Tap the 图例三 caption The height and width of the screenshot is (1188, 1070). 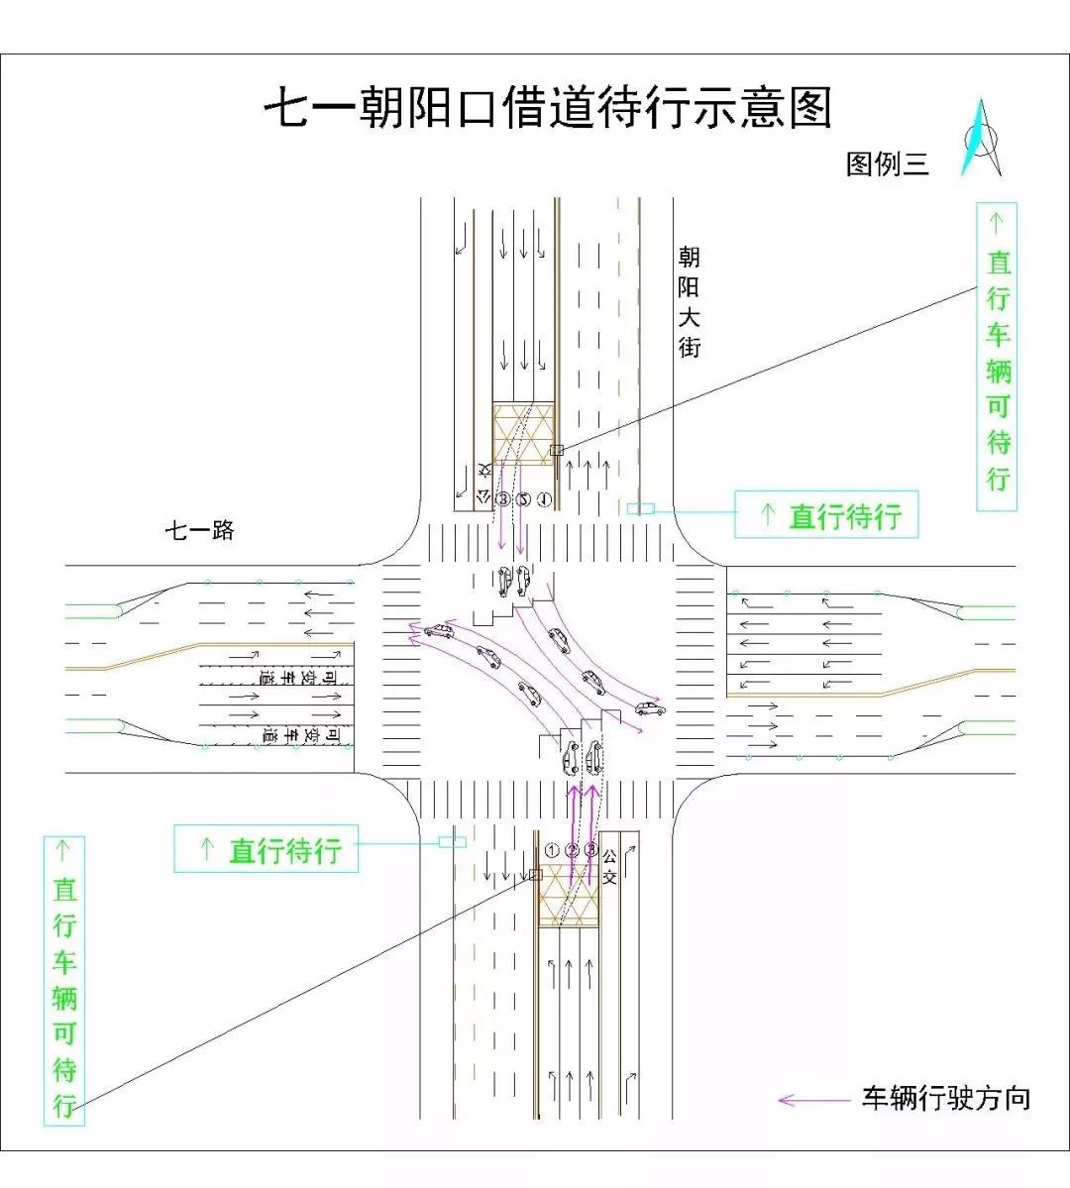click(x=887, y=163)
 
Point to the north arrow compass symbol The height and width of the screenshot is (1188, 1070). click(x=980, y=139)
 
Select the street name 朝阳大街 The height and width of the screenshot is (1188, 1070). click(x=689, y=302)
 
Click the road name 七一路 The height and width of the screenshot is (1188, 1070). click(x=199, y=531)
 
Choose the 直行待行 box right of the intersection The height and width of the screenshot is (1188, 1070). click(x=826, y=515)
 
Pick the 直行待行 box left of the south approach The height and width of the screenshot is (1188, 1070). click(x=266, y=849)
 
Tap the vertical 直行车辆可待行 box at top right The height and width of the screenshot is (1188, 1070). click(x=997, y=357)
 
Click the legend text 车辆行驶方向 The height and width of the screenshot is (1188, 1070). click(x=946, y=1098)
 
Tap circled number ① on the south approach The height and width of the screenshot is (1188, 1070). click(x=552, y=850)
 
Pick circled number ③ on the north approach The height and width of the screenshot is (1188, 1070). click(x=503, y=499)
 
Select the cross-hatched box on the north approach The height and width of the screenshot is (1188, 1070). click(x=522, y=433)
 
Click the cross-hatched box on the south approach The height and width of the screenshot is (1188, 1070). click(x=569, y=896)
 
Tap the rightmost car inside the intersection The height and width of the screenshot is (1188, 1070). click(x=650, y=708)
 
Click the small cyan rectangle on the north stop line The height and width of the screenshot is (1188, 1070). click(x=640, y=508)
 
